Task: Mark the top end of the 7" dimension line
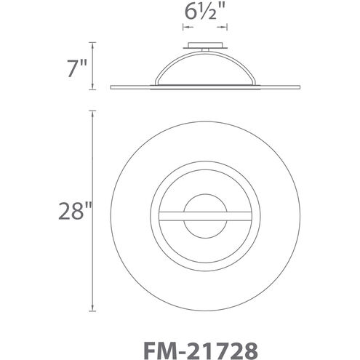coord(92,42)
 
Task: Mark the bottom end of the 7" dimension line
coord(92,90)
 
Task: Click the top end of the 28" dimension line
coord(92,111)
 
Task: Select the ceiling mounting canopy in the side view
coord(204,47)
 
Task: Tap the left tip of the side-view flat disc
coord(111,88)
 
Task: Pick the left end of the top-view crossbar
coord(160,214)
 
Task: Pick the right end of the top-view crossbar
coord(250,214)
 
